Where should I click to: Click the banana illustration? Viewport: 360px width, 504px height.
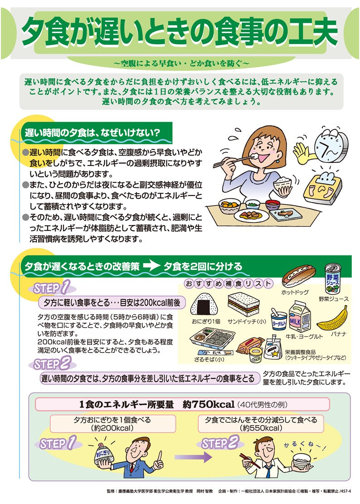click(x=333, y=319)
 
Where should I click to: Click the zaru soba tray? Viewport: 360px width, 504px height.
click(x=213, y=338)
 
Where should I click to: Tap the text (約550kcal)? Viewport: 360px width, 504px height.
click(x=261, y=428)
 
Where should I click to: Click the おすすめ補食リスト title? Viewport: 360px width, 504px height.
click(x=228, y=284)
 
